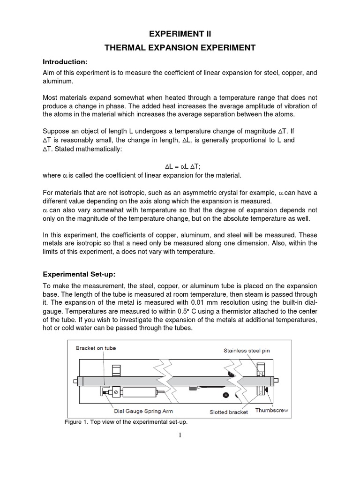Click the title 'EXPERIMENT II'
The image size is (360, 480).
click(x=180, y=34)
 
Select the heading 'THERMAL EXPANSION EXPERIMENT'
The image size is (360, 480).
click(x=180, y=48)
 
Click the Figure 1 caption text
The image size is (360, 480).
click(x=126, y=421)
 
